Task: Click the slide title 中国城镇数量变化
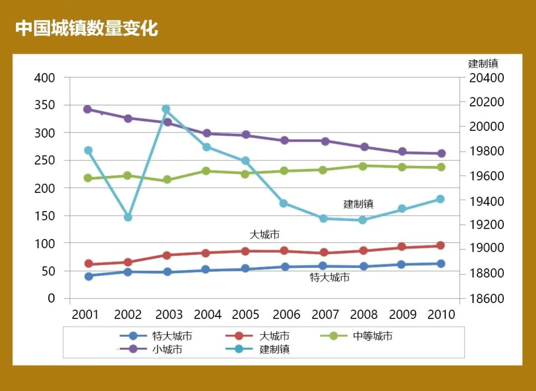click(86, 28)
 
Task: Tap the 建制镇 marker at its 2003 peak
click(166, 109)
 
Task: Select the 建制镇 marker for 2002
click(128, 217)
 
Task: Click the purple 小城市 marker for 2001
click(87, 109)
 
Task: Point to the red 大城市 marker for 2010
click(440, 245)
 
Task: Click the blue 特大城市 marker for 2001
click(88, 276)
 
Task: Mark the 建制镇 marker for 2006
click(283, 203)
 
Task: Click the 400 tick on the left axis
click(45, 78)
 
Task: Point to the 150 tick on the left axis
click(45, 216)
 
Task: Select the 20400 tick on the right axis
click(487, 78)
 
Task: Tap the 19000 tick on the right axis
click(487, 248)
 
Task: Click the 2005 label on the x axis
click(246, 314)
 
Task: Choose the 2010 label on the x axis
click(441, 314)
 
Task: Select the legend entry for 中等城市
click(372, 336)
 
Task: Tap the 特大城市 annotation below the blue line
click(330, 278)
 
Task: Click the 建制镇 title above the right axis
click(483, 64)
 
